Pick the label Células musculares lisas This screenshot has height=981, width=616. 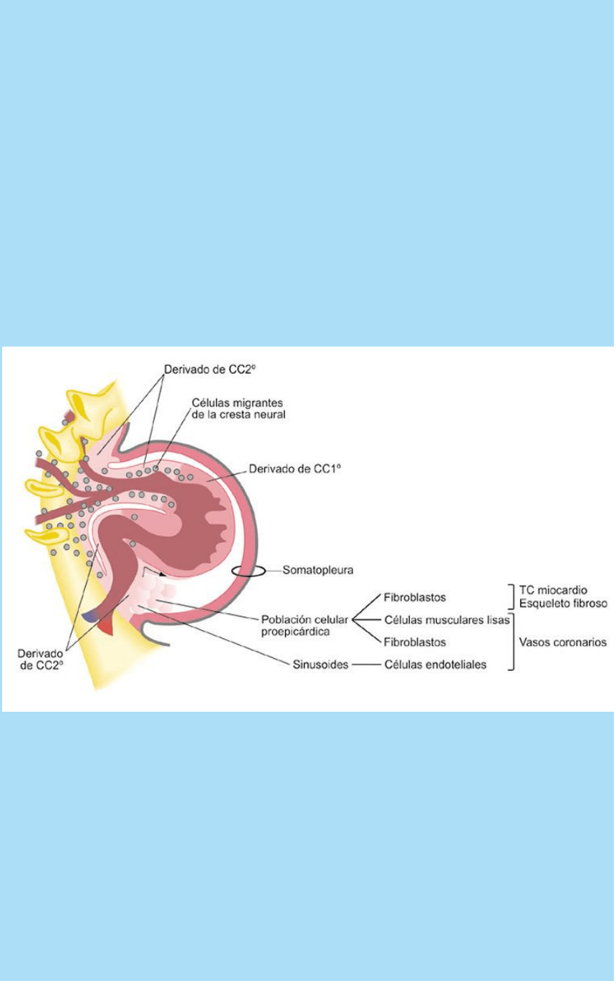[446, 619]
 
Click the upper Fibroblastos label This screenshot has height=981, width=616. [415, 596]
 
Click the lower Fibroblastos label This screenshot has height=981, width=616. [415, 642]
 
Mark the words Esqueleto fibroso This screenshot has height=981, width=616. [564, 603]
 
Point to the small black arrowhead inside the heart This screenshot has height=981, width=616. [163, 574]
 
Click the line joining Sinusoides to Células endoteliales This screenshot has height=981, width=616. [365, 665]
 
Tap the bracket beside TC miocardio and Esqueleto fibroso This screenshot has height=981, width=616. [512, 596]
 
